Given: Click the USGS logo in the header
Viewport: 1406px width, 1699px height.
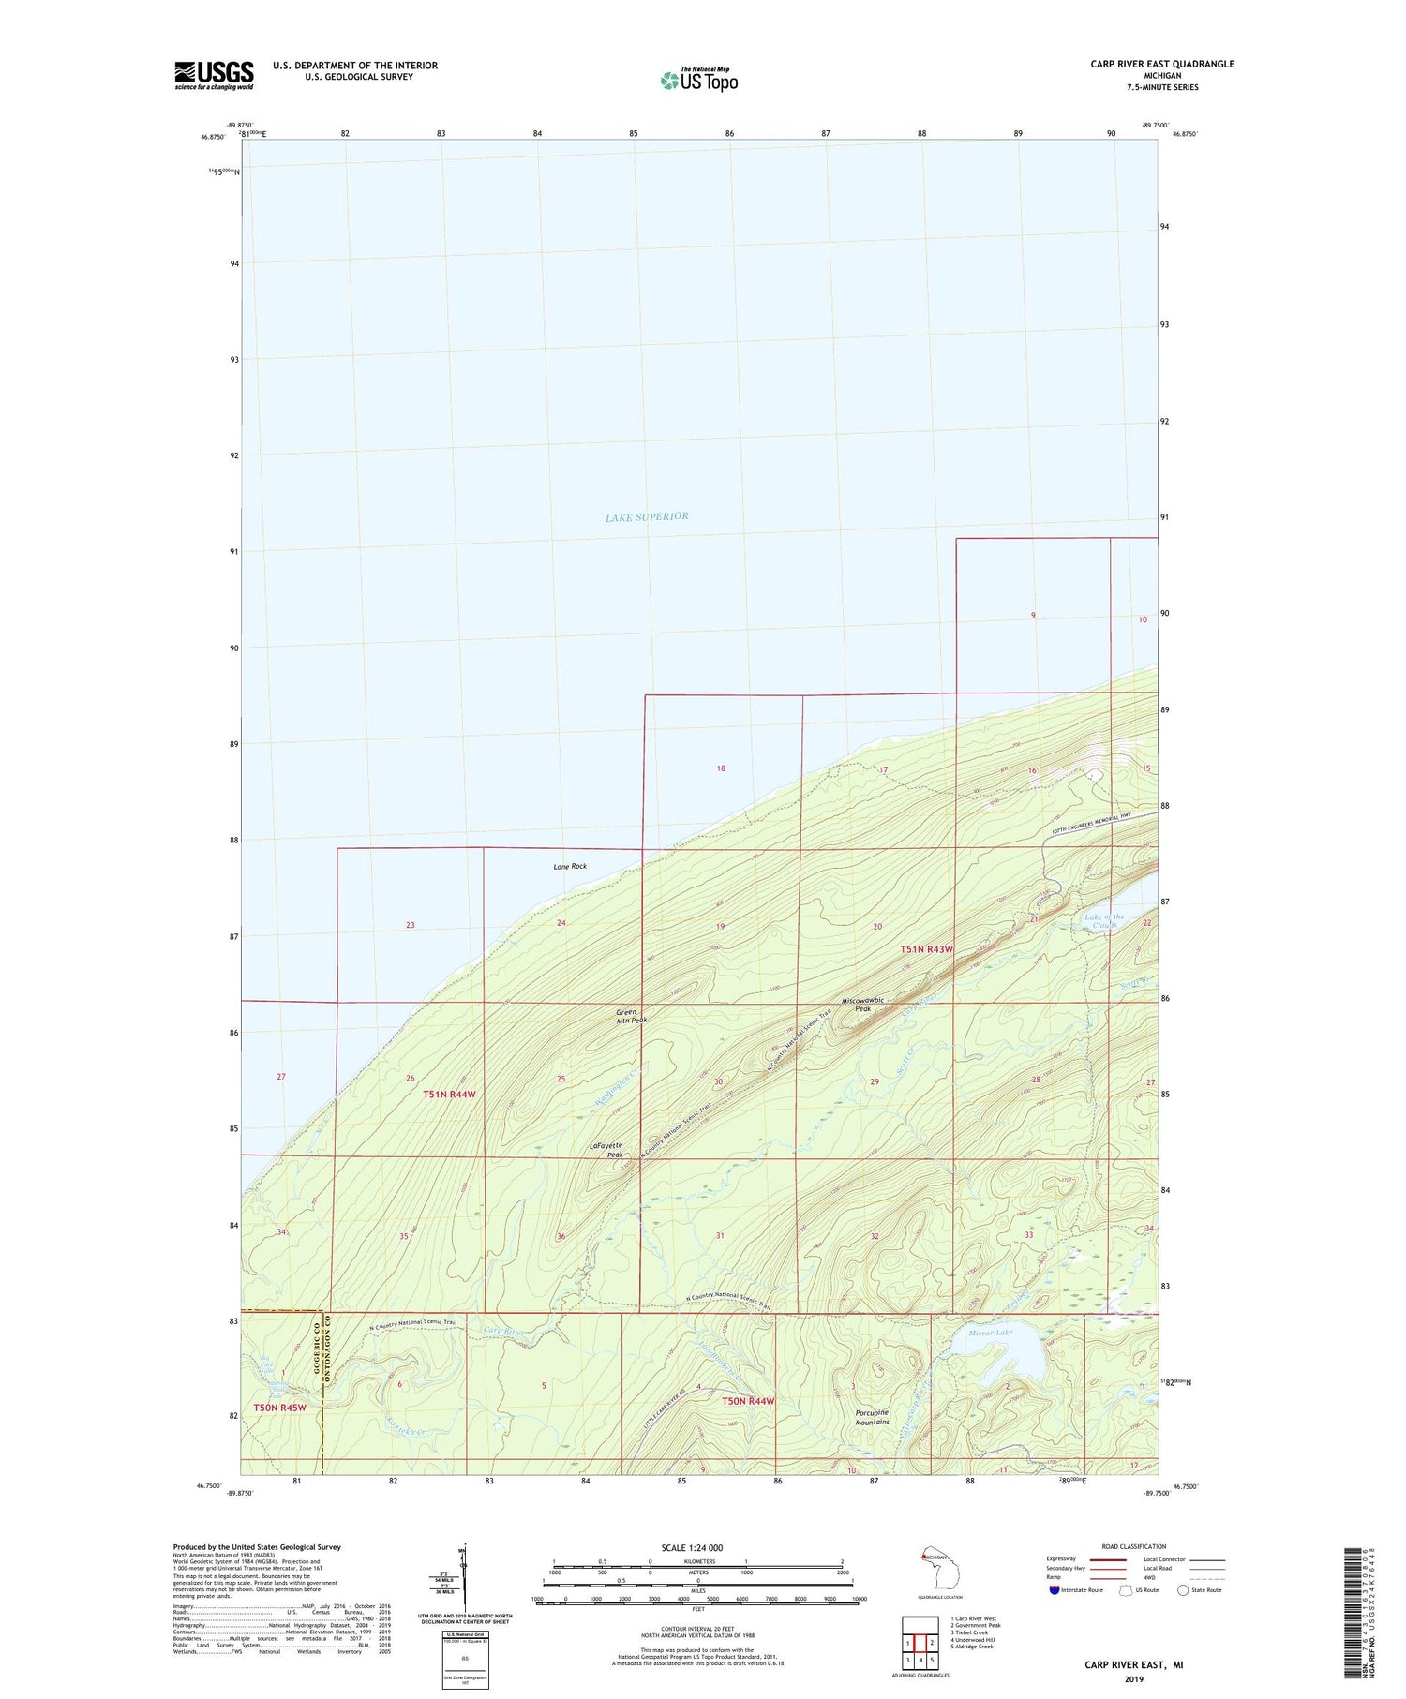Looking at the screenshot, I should (214, 75).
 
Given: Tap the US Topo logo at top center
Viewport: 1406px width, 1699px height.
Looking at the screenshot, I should (698, 80).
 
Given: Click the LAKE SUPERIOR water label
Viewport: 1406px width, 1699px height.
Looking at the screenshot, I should (647, 516).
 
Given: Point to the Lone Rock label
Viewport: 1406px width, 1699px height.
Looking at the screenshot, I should (570, 866).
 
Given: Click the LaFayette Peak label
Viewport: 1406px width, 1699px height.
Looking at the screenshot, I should (606, 1150).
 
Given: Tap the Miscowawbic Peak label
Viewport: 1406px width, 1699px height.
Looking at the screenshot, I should (862, 1004).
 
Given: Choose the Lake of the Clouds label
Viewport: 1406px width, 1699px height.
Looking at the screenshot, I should (1104, 920).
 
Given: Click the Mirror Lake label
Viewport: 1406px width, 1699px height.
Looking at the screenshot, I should (992, 1332).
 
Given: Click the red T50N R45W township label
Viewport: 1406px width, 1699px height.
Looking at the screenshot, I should (279, 1408).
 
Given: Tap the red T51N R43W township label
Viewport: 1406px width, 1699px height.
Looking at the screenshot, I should (926, 949).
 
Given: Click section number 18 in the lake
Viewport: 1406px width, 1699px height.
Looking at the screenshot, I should (720, 768).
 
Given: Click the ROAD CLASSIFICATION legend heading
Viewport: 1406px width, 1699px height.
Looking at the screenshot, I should (1134, 1546).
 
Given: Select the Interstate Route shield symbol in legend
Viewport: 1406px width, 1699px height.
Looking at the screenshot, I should (1054, 1589).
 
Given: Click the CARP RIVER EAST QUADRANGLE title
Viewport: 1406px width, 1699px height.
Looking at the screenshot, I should (1161, 64).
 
